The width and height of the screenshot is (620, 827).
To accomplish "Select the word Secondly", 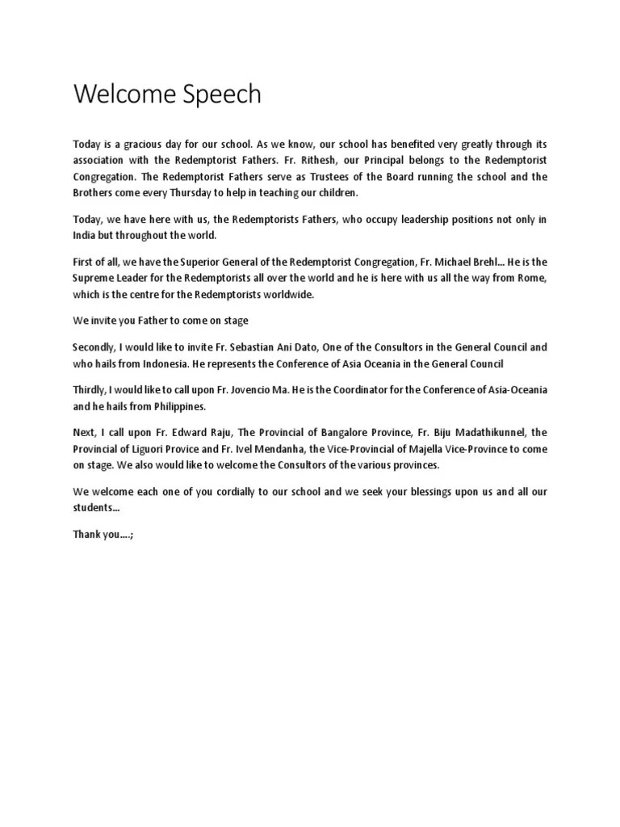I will tap(94, 347).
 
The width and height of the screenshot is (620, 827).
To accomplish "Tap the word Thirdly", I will tap(90, 390).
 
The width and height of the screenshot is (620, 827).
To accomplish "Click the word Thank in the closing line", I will tap(86, 535).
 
